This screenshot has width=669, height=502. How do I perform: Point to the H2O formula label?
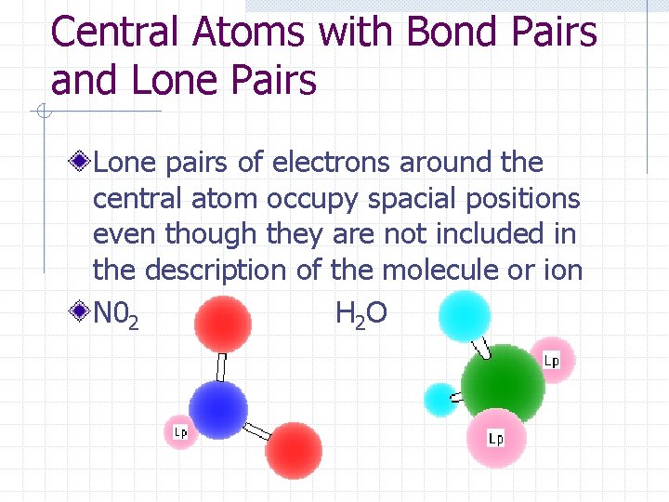pyautogui.click(x=361, y=316)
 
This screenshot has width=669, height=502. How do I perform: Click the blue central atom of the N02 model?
pyautogui.click(x=218, y=410)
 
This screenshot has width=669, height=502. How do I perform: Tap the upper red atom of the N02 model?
pyautogui.click(x=223, y=324)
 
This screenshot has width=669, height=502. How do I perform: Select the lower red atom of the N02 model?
pyautogui.click(x=294, y=451)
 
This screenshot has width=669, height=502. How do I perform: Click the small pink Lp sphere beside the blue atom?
pyautogui.click(x=180, y=431)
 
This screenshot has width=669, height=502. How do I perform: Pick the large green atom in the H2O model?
pyautogui.click(x=503, y=386)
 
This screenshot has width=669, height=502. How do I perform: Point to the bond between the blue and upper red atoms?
pyautogui.click(x=221, y=366)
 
